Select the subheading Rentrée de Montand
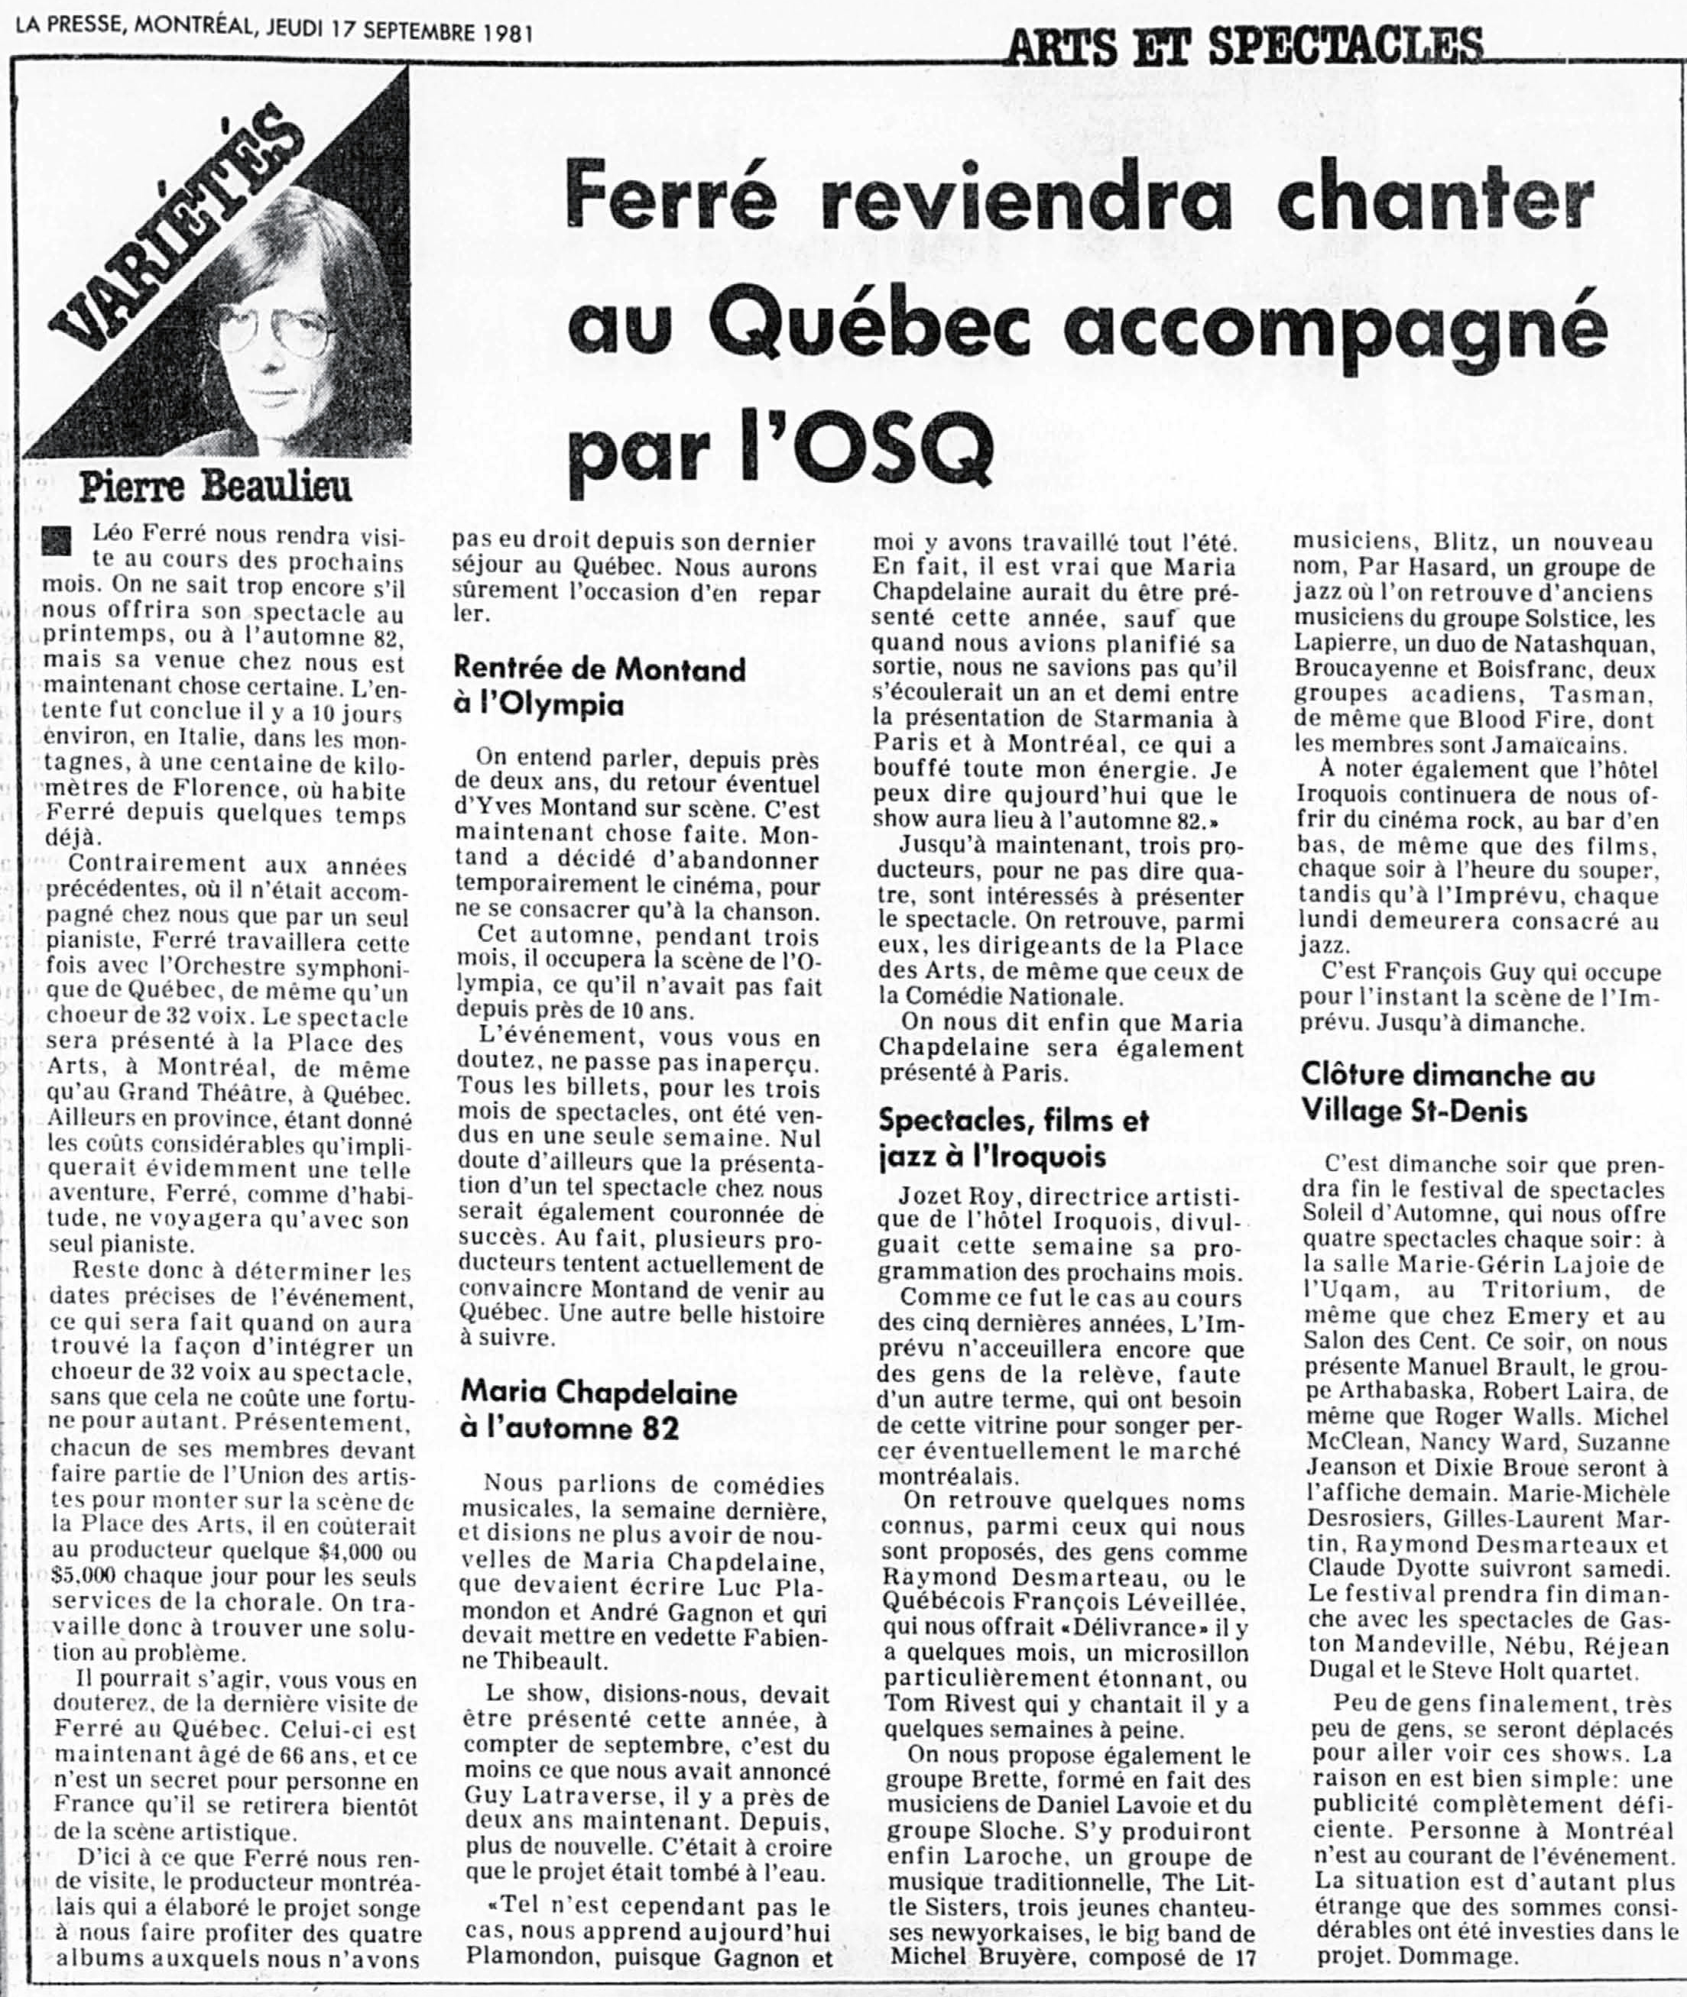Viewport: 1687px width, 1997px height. pyautogui.click(x=599, y=668)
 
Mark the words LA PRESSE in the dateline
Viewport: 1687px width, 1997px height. pyautogui.click(x=65, y=31)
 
